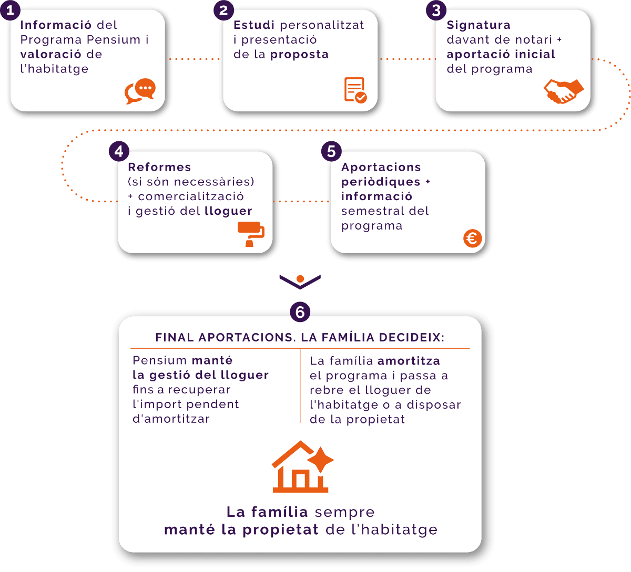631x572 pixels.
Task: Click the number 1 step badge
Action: [x=10, y=11]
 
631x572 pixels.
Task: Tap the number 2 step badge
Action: [x=223, y=11]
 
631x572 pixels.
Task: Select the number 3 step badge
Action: [x=436, y=11]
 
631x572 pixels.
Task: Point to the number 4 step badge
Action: [x=119, y=152]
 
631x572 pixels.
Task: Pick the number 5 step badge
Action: [x=331, y=152]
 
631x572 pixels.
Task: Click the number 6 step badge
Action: [x=300, y=313]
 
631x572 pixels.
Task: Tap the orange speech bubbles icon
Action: [x=140, y=91]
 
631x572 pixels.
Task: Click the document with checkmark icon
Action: [x=355, y=90]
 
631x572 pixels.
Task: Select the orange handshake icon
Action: [x=563, y=91]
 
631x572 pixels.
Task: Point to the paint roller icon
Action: [x=251, y=234]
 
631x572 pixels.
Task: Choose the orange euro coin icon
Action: [x=472, y=238]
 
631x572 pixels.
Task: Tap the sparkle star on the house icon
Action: [x=321, y=461]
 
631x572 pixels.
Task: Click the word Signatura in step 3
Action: [x=479, y=25]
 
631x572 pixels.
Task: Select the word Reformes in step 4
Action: [x=159, y=167]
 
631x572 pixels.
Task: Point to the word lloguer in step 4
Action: [x=228, y=211]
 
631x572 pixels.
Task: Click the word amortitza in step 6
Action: [x=409, y=361]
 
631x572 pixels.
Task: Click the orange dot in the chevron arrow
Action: [x=300, y=279]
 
